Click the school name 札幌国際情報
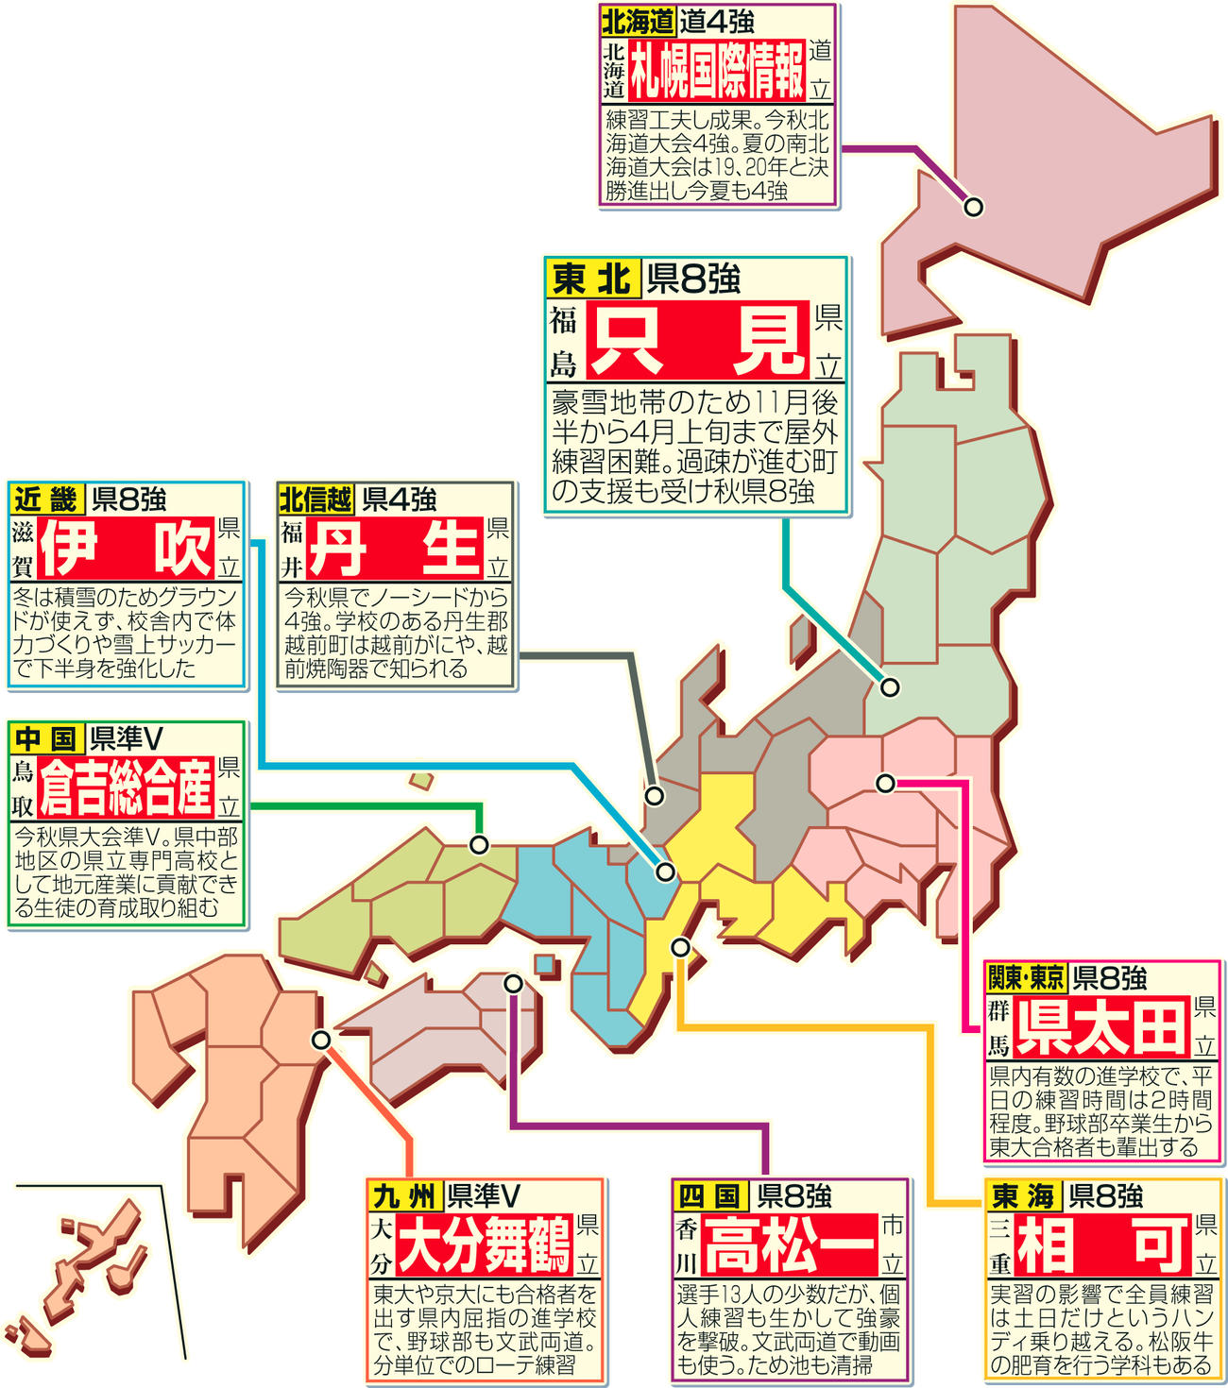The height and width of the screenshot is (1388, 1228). [x=717, y=71]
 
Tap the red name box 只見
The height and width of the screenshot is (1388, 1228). [x=697, y=341]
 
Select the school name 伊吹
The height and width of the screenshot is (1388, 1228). [x=126, y=548]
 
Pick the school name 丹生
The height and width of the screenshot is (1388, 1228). [x=394, y=548]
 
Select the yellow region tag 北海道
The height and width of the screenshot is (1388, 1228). [x=638, y=21]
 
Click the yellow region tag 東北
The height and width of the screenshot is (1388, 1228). [x=592, y=279]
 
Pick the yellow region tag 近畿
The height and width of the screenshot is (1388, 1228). [x=46, y=499]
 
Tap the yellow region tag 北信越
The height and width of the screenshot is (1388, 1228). [x=316, y=499]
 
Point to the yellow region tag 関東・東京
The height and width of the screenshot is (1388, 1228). [x=1025, y=977]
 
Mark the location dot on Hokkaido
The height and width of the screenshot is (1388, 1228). [x=972, y=207]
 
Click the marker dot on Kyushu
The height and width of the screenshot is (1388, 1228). [x=321, y=1040]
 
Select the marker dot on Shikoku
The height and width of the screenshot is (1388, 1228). [x=513, y=984]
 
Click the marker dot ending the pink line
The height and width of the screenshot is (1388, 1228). [x=885, y=783]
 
